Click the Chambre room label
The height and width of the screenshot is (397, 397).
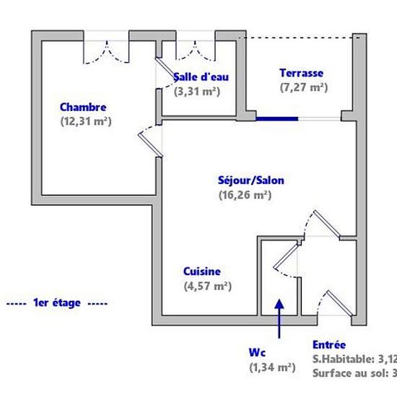point(83,107)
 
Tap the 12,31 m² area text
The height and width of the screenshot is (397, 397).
point(85,121)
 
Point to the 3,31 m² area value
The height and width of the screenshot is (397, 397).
point(197,92)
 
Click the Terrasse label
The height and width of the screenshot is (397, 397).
point(301,73)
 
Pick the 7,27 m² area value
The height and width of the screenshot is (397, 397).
point(303,87)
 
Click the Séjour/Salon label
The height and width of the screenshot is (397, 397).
point(244,180)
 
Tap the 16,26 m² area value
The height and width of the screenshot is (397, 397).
point(245,194)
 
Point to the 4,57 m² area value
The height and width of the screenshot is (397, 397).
point(206,287)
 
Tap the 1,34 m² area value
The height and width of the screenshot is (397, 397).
point(272,367)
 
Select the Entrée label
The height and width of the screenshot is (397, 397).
point(329,345)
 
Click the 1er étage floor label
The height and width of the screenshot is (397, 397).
point(56,303)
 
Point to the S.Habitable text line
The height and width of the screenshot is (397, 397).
point(354,359)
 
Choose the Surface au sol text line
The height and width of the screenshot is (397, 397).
point(354,373)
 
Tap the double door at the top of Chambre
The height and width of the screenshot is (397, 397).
point(106,49)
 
